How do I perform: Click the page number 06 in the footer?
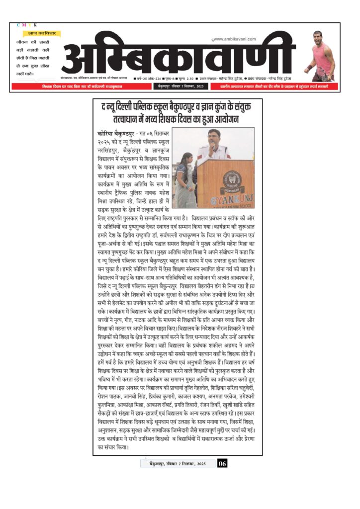pyautogui.click(x=222, y=464)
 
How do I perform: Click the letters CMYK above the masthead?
pyautogui.click(x=27, y=25)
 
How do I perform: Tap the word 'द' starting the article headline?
pyautogui.click(x=103, y=106)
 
